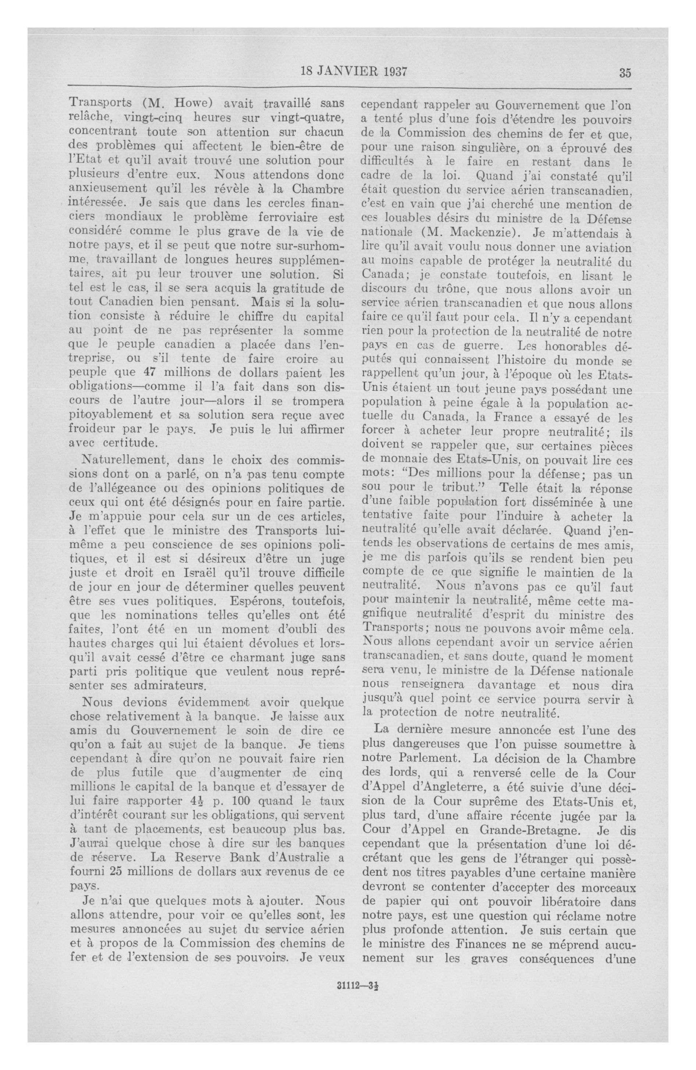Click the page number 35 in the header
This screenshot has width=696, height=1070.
click(625, 73)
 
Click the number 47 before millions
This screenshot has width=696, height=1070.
click(154, 373)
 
